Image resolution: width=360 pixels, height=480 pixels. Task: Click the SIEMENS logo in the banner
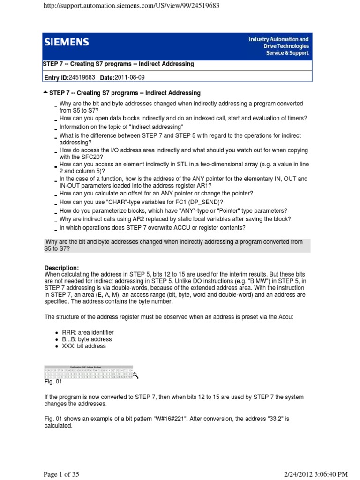[67, 43]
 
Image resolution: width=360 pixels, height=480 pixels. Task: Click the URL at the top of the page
[131, 6]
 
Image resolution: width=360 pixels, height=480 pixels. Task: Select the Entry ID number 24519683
[82, 77]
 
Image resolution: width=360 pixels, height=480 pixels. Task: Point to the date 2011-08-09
[133, 77]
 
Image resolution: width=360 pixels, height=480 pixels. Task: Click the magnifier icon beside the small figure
[136, 375]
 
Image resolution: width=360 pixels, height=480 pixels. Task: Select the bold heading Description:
[65, 268]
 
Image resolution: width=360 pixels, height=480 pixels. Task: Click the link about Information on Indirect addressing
[121, 127]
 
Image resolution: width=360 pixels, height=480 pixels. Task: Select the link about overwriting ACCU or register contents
[152, 228]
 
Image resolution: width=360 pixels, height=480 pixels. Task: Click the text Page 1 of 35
[61, 474]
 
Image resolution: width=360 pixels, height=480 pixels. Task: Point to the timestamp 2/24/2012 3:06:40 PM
[284, 474]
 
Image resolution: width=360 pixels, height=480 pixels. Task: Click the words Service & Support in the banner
[287, 53]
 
